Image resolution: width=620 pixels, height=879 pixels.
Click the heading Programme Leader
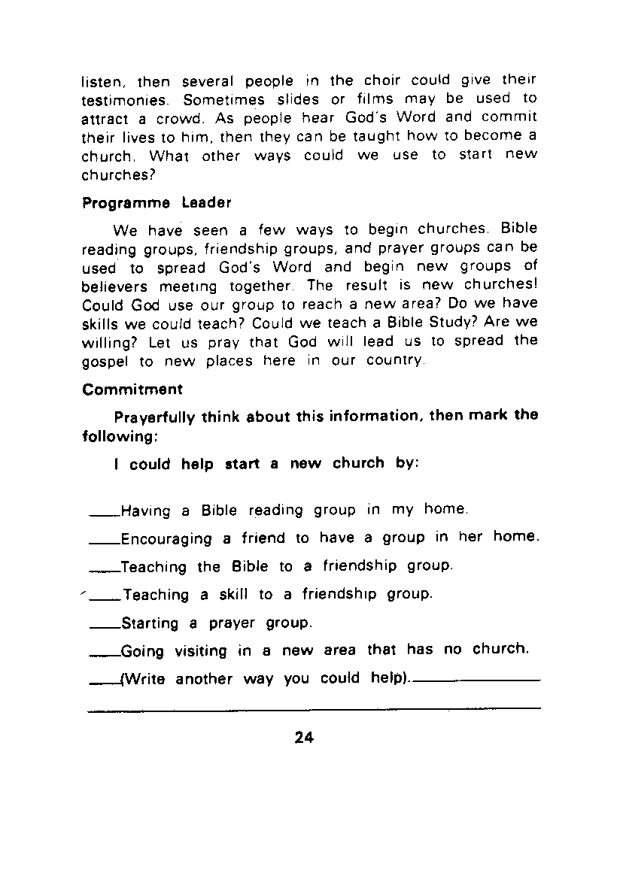156,203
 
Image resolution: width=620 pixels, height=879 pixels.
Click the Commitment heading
132,389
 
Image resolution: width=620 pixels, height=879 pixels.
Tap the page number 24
303,738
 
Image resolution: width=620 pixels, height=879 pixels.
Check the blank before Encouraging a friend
104,544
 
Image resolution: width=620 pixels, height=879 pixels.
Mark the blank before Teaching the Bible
104,571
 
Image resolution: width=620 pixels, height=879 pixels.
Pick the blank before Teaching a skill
105,600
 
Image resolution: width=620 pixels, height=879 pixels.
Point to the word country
395,360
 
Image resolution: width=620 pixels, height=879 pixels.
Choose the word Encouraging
166,538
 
